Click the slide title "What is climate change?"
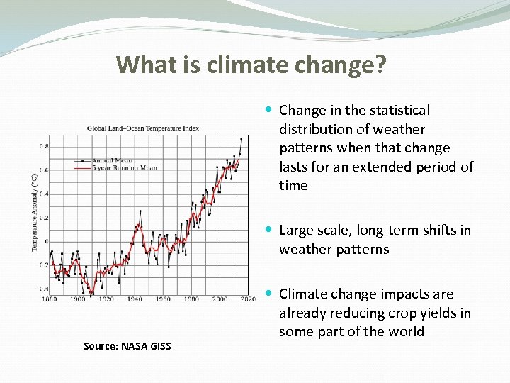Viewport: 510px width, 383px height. [x=251, y=65]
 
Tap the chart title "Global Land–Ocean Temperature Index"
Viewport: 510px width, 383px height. [x=142, y=128]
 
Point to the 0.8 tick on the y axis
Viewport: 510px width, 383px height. [x=44, y=147]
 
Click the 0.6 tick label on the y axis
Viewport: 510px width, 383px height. [x=44, y=170]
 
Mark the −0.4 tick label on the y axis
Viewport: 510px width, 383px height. [x=42, y=289]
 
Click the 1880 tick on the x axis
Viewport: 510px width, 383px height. [x=50, y=299]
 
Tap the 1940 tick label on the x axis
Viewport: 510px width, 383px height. [x=135, y=299]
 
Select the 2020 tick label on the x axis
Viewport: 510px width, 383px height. [x=248, y=299]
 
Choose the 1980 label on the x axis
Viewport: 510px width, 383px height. [x=191, y=299]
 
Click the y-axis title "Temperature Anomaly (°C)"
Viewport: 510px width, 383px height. [x=33, y=213]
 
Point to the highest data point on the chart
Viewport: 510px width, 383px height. [x=242, y=139]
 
